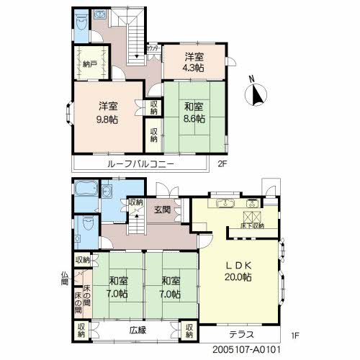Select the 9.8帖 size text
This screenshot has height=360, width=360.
pyautogui.click(x=109, y=120)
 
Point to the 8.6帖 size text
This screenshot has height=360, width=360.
pyautogui.click(x=194, y=118)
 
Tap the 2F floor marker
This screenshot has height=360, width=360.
pyautogui.click(x=222, y=165)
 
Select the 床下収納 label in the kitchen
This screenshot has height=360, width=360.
pyautogui.click(x=251, y=225)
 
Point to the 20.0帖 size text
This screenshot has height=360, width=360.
pyautogui.click(x=237, y=277)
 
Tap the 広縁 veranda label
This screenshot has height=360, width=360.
pyautogui.click(x=138, y=330)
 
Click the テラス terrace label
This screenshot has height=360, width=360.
pyautogui.click(x=240, y=335)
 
